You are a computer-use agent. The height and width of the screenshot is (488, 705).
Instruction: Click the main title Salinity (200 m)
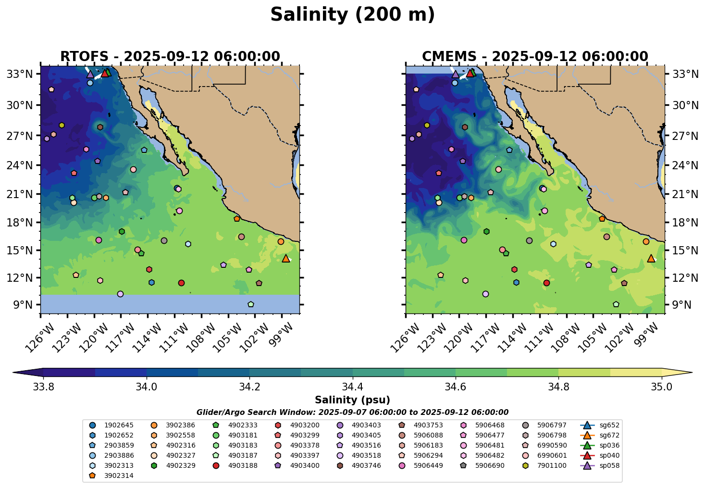point(352,15)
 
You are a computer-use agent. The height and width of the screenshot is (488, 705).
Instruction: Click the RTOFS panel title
point(170,57)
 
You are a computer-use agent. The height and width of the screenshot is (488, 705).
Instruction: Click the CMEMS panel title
point(535,57)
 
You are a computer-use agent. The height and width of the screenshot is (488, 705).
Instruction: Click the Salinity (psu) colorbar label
point(352,400)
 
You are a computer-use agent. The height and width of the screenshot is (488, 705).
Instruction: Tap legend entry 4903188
point(242,465)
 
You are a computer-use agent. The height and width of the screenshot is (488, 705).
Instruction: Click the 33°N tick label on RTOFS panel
point(22,74)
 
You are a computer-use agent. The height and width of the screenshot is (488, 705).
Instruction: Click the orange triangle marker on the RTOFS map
point(286,258)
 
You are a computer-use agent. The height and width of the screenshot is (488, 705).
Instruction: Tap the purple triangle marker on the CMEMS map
point(455,74)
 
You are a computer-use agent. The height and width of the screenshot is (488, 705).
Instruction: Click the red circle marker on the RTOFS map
point(181,283)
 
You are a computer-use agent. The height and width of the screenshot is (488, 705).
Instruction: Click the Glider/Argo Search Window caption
point(352,413)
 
